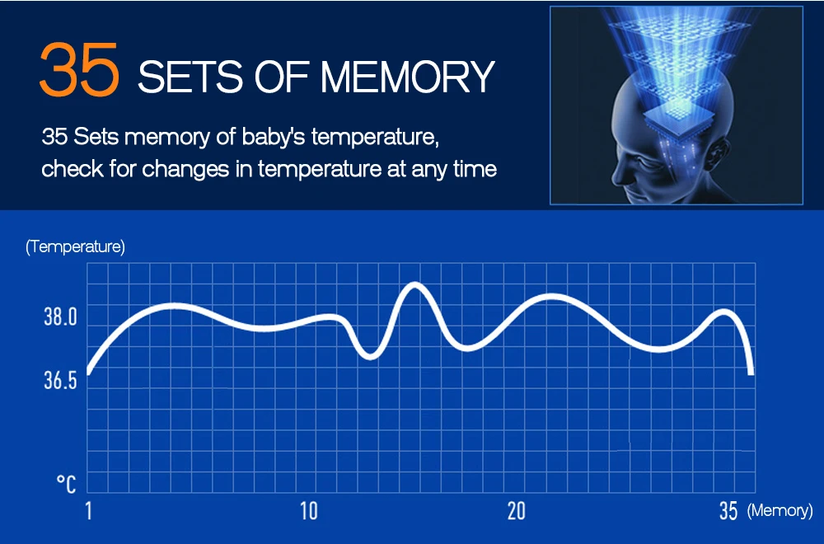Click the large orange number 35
79,69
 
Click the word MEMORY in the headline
407,77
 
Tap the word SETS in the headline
190,77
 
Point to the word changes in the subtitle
185,169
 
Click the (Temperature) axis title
75,246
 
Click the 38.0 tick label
60,317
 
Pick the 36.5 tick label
60,381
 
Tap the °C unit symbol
66,484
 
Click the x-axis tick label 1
89,510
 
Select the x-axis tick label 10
309,510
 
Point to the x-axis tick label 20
517,510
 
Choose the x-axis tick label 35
728,510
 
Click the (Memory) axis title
780,510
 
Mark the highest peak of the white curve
415,285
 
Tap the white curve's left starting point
89,372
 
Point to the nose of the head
616,173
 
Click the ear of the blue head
718,152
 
